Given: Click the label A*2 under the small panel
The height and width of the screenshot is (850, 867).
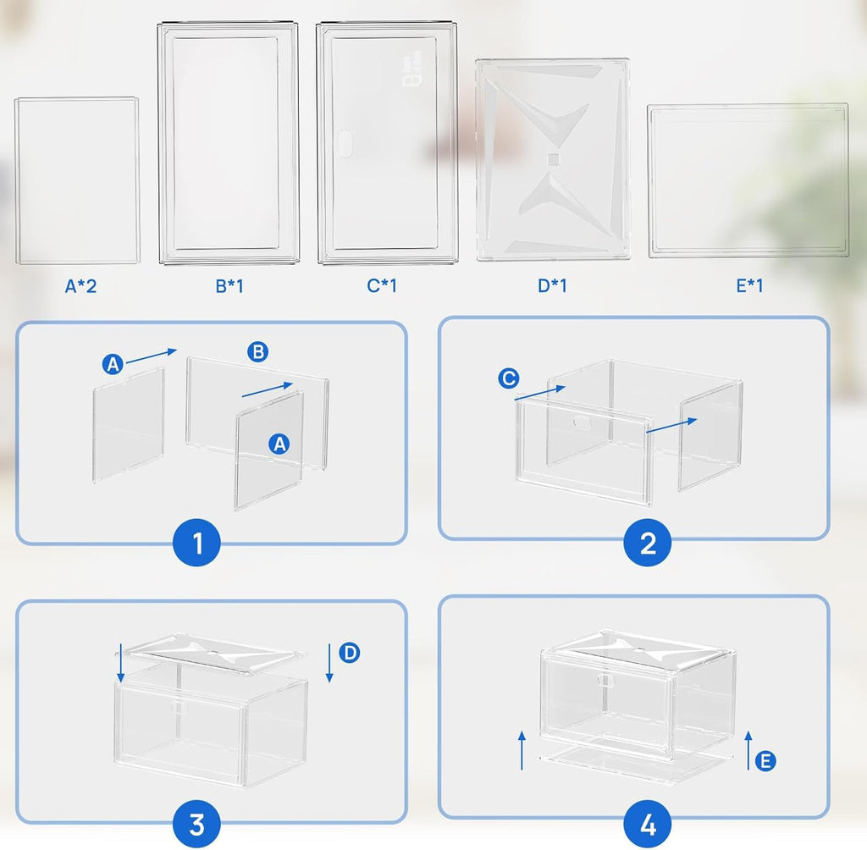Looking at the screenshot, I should pos(81,286).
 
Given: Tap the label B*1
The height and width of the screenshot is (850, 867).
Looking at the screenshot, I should pos(229,286).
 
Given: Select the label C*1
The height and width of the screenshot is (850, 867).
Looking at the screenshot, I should pos(382,286).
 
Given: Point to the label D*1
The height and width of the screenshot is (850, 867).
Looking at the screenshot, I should pos(552,286).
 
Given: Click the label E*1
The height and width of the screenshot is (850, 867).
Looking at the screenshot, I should pos(748,286).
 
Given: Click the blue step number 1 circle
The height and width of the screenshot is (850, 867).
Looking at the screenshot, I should pos(198,543).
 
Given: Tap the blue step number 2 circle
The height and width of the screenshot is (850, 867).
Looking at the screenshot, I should pos(648,543).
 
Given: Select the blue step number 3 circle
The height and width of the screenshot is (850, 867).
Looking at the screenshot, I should pos(196,822).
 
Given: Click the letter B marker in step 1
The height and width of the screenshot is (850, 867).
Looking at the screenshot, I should pos(258,352).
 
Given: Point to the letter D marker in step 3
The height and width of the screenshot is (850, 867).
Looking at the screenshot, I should pos(349,652).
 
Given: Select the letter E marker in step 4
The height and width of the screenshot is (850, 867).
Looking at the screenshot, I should pos(765,761).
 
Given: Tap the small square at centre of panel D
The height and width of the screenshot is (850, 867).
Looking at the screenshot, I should pos(553,159).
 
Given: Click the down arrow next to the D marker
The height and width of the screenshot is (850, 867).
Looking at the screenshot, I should pos(329,663).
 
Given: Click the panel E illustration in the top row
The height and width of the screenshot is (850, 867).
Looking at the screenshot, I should pos(748,181).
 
